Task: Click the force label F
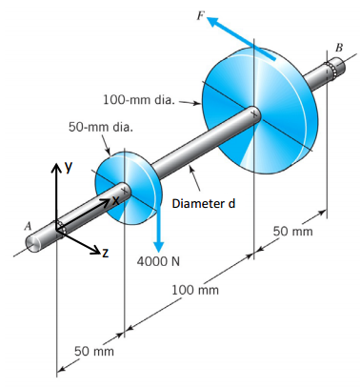click(x=199, y=9)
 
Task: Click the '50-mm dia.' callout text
click(x=100, y=126)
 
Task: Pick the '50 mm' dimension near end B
click(x=293, y=232)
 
